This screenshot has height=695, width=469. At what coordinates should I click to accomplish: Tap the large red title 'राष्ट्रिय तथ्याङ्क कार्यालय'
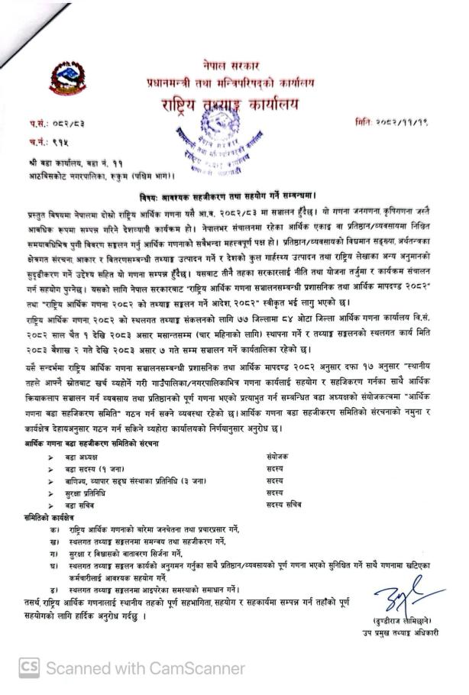click(234, 102)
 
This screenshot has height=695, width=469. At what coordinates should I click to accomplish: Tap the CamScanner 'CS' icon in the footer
click(27, 668)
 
